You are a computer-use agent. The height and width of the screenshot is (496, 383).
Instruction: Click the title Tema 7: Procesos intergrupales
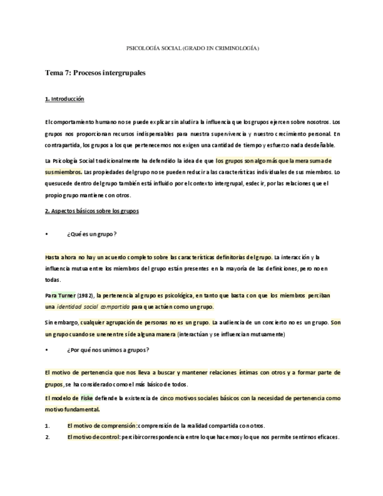coord(95,73)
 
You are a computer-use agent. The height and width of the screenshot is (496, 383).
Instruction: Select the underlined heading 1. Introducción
coord(64,99)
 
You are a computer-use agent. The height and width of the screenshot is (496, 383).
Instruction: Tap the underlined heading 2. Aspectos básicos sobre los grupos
coord(92,211)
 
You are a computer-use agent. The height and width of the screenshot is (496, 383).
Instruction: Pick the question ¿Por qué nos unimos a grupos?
coord(108,350)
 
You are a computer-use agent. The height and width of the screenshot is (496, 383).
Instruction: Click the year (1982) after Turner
coord(86,295)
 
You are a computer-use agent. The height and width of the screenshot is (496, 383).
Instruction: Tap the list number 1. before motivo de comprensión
coord(47,426)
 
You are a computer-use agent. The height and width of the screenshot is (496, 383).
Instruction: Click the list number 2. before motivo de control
coord(47,437)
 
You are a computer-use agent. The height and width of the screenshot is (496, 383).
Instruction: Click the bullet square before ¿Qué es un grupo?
coord(46,234)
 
